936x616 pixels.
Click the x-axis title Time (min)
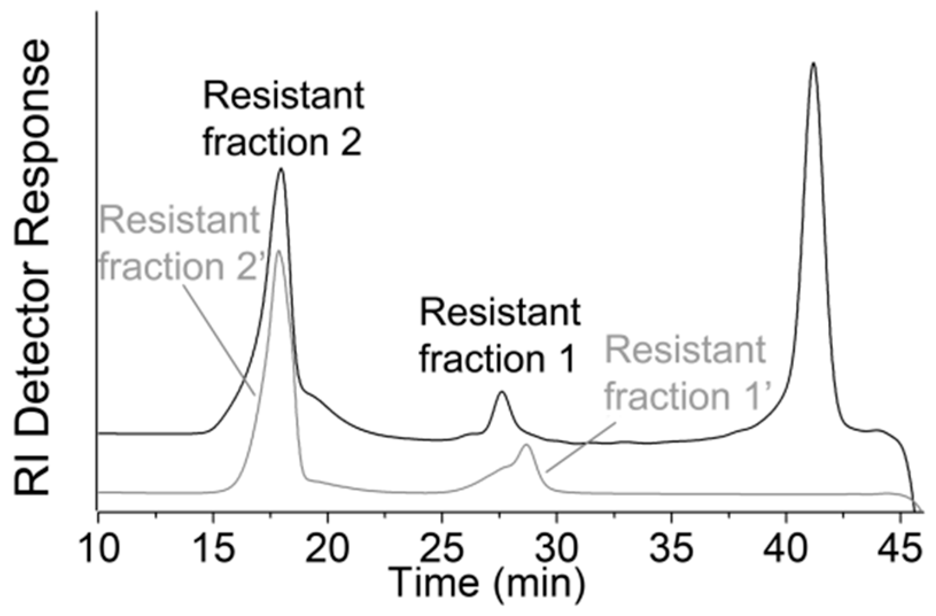click(487, 583)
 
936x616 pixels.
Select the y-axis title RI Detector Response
click(33, 267)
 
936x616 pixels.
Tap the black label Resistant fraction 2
click(283, 119)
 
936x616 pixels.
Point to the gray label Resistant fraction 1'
click(686, 373)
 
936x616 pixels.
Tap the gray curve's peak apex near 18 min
click(278, 251)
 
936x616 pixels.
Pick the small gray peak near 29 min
click(526, 445)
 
